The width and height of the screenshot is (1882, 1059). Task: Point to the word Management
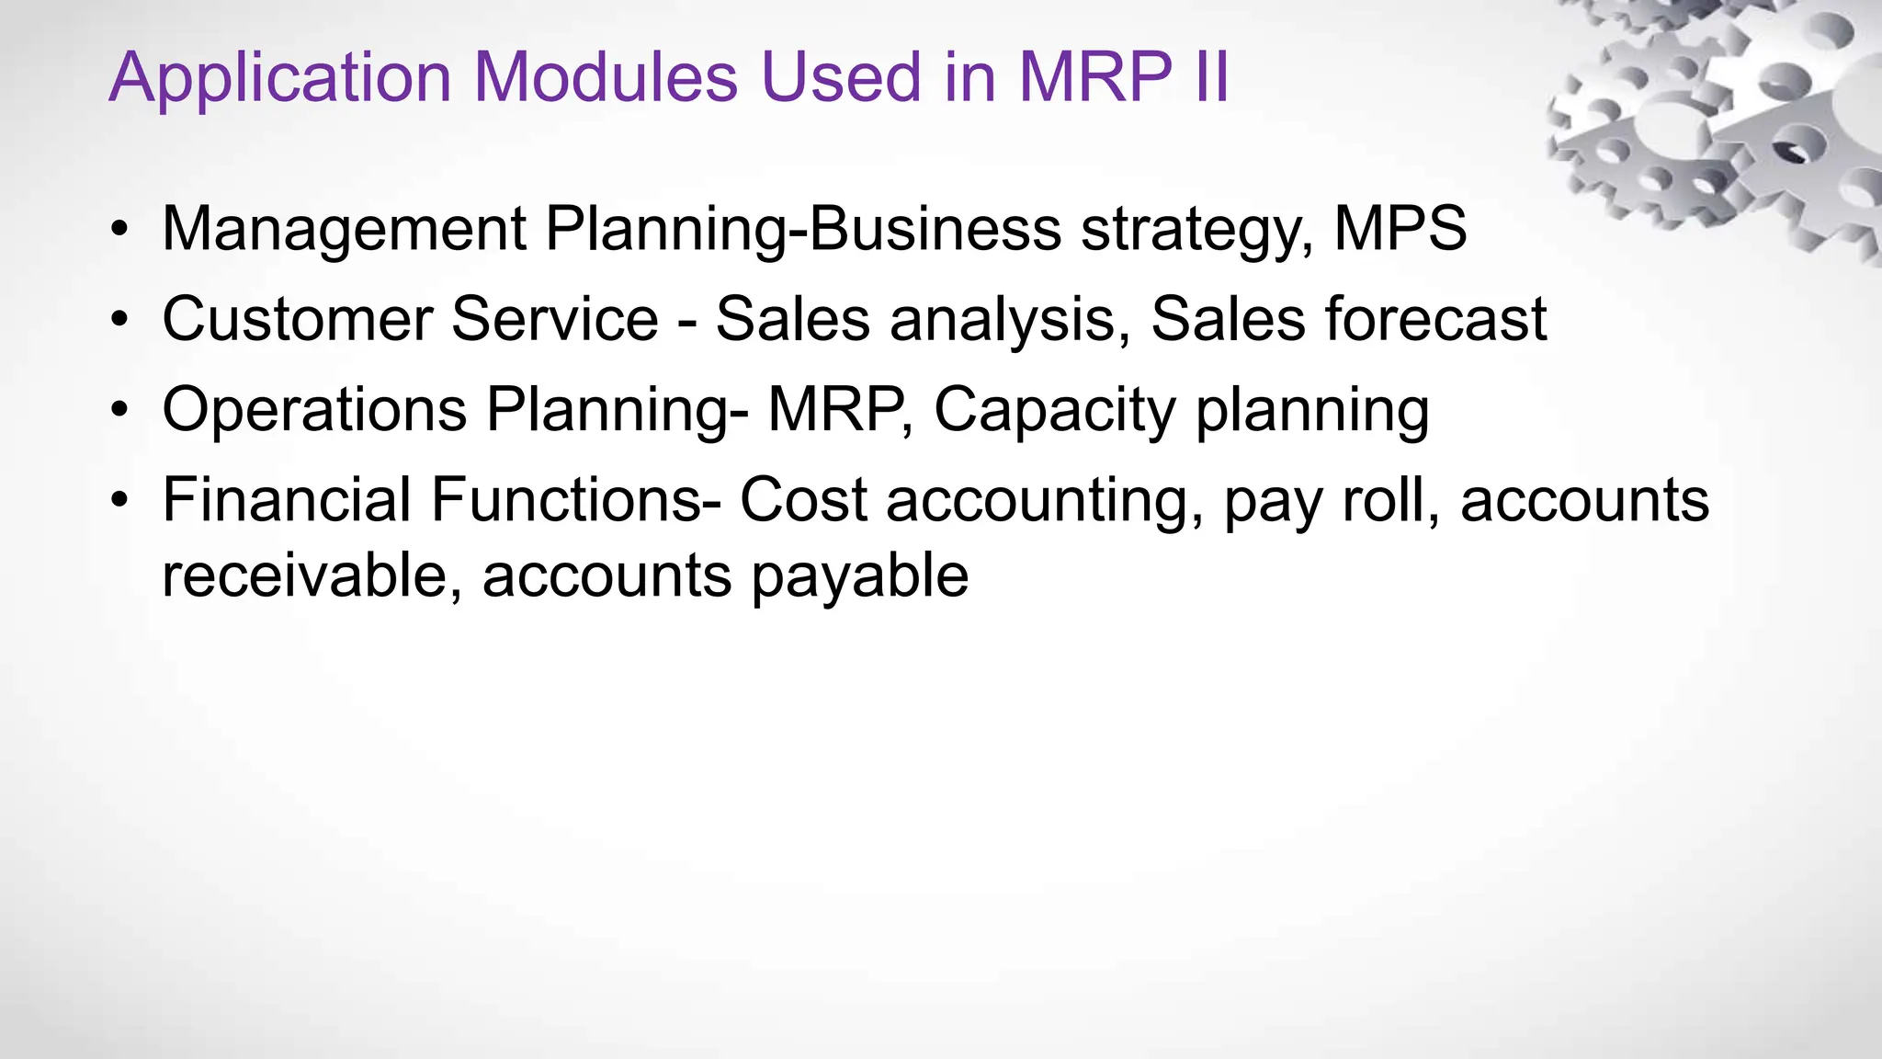[344, 229]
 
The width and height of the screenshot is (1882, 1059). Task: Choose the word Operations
[314, 410]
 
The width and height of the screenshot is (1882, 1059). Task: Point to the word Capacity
[1055, 411]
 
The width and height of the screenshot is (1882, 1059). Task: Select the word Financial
[287, 500]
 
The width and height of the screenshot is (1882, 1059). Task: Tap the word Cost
[803, 500]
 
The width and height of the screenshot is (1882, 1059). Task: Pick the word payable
[859, 577]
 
